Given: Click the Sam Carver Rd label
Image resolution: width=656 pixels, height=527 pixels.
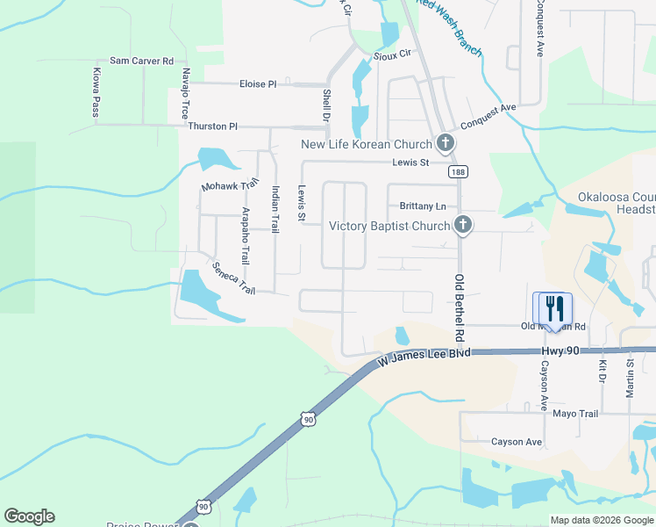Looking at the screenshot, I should [x=141, y=61].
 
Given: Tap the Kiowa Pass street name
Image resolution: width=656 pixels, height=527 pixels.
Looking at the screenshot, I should [x=95, y=92].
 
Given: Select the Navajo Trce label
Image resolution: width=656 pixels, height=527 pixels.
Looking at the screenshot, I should [x=185, y=93].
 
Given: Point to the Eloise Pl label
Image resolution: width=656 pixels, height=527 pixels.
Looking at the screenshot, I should [x=258, y=84].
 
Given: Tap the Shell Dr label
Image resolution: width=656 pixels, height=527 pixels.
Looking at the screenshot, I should [x=326, y=105].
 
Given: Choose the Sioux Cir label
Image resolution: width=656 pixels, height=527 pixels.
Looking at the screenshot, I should [x=392, y=54].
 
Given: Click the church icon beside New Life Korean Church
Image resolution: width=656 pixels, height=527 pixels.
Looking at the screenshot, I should [x=446, y=143].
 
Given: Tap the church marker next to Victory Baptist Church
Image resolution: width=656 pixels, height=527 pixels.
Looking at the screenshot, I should [x=463, y=226].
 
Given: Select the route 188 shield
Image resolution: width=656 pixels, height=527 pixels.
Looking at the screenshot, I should [x=457, y=172].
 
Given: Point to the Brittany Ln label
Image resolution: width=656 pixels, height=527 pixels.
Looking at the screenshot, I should [x=423, y=206].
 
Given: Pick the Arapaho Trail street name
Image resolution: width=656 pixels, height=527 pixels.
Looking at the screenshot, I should [x=246, y=242].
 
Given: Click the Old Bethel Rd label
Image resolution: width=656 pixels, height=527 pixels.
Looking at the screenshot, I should [x=459, y=307].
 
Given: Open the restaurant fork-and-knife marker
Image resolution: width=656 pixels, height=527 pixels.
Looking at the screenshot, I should [x=553, y=308].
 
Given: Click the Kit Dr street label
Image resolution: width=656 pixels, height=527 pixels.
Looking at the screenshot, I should [x=602, y=371].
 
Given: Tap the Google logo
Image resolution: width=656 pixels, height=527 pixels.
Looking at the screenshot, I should [x=29, y=516].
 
